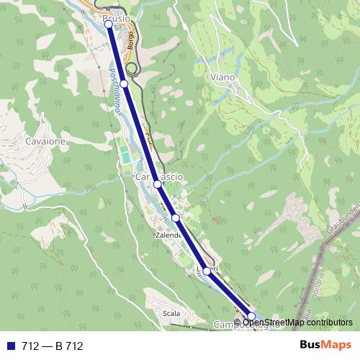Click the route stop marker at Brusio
(109, 24)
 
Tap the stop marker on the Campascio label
(157, 185)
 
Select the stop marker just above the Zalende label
(175, 217)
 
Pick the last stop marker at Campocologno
(251, 316)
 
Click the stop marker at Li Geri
(207, 271)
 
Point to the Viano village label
(223, 76)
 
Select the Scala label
(171, 313)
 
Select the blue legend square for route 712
(10, 346)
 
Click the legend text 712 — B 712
(52, 346)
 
